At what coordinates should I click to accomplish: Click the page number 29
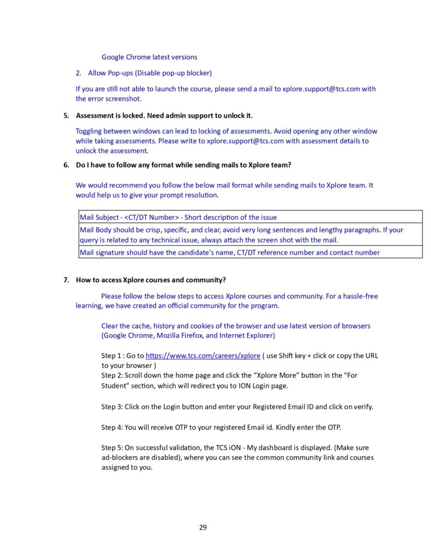click(203, 527)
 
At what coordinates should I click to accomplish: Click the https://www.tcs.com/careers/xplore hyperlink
click(203, 356)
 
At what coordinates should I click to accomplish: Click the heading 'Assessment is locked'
click(164, 116)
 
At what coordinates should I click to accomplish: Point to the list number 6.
click(66, 165)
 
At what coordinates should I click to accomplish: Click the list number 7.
click(66, 280)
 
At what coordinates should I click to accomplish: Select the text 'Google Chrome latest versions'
click(149, 57)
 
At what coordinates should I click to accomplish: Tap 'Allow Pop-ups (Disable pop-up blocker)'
click(150, 72)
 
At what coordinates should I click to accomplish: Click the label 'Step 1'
click(112, 356)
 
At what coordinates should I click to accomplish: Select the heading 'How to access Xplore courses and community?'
click(151, 280)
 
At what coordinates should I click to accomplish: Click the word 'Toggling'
click(89, 131)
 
